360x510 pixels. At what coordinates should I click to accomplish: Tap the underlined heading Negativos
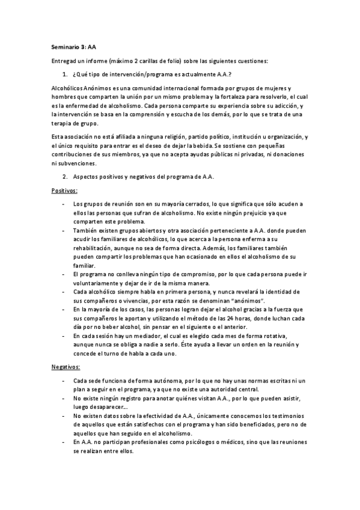pos(65,366)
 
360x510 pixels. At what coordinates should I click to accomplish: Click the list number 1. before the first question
pos(65,74)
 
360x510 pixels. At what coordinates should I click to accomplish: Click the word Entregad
pos(66,60)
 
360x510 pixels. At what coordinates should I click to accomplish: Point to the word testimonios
pos(284,416)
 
